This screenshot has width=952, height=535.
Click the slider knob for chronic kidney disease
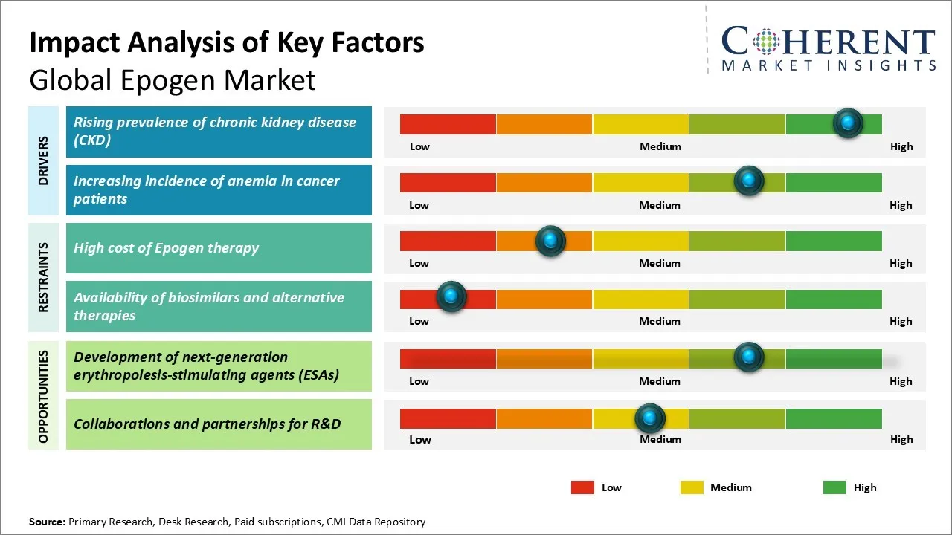tap(848, 123)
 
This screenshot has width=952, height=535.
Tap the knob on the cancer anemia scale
tap(749, 181)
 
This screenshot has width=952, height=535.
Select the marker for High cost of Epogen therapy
tap(550, 240)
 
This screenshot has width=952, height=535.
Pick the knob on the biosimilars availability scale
tap(451, 296)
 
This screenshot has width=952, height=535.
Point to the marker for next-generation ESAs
tap(749, 357)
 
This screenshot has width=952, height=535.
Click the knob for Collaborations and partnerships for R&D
tap(650, 418)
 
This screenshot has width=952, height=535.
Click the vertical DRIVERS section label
tap(43, 160)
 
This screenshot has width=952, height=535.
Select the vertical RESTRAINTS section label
tap(43, 277)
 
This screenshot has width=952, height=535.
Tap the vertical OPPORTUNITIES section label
tap(43, 396)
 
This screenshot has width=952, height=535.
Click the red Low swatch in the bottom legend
tap(582, 487)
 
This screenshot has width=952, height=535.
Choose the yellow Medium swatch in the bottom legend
tap(692, 487)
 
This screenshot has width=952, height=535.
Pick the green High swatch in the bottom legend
tap(834, 487)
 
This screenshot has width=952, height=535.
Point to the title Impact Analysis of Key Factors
tap(227, 42)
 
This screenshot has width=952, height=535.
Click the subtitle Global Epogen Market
tap(173, 80)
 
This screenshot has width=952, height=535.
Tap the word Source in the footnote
tap(46, 522)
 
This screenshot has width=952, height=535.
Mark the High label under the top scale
tap(901, 146)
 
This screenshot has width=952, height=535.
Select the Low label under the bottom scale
tap(420, 439)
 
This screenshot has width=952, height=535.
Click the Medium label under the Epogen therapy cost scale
tap(660, 263)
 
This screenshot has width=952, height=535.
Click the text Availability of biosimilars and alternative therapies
tap(209, 306)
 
